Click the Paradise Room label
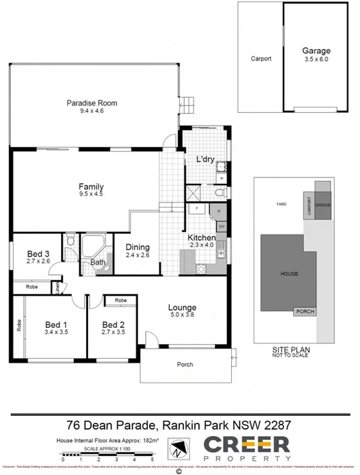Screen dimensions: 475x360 pos(92,103)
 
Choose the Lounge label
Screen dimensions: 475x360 pos(182,308)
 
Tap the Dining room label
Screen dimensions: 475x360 pos(138,247)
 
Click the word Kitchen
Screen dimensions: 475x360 pos(201,238)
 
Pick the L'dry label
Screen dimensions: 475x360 pos(205,159)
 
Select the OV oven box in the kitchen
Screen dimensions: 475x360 pos(221,226)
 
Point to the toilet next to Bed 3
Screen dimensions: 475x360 pos(71,240)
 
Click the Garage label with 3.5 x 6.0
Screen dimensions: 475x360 pos(316,51)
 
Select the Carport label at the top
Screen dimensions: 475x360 pos(261,58)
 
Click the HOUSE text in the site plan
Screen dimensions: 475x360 pos(289,273)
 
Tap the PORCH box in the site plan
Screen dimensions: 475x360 pos(305,311)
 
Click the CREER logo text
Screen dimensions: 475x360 pos(246,443)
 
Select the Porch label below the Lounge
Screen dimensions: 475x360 pos(185,365)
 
